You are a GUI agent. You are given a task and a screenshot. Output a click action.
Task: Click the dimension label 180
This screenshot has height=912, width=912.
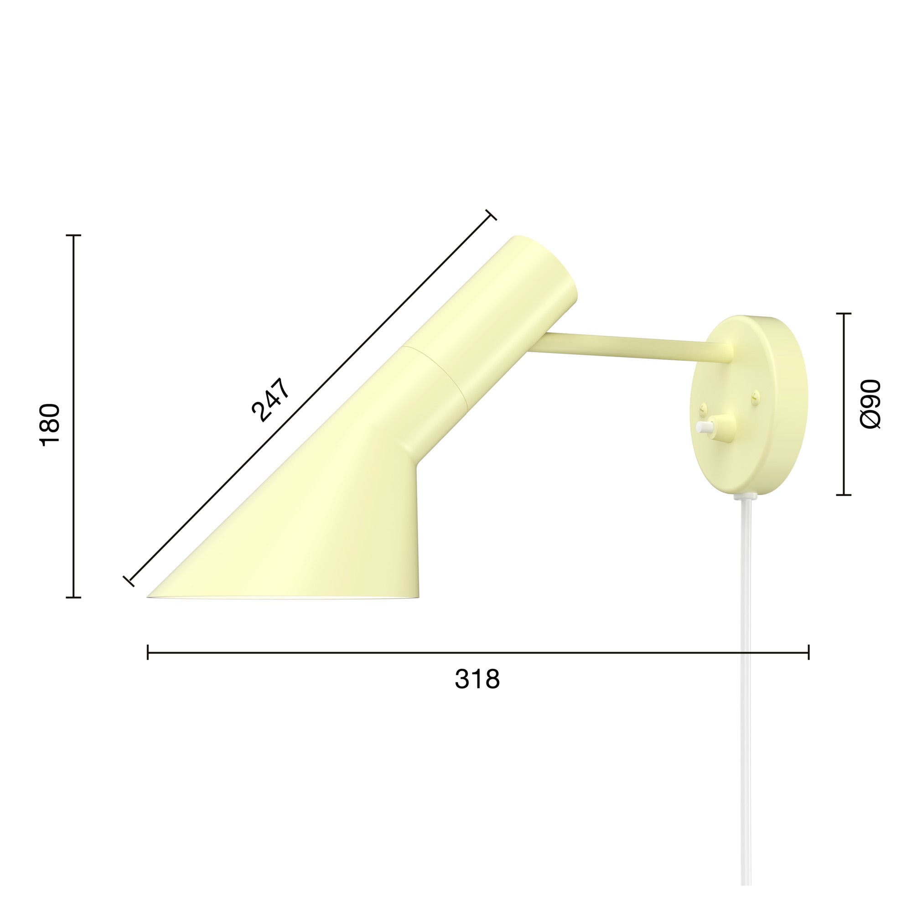[x=50, y=425]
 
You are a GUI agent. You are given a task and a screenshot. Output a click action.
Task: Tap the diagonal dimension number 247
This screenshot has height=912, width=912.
[x=270, y=399]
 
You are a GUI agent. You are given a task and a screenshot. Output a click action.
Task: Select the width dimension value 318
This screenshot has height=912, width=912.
[x=477, y=679]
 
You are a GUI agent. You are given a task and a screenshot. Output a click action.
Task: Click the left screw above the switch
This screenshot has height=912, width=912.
[x=705, y=406]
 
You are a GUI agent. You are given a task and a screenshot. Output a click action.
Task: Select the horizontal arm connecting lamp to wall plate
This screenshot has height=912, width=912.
[x=630, y=348]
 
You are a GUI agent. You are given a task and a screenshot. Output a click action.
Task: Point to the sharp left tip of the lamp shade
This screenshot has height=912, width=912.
[x=148, y=597]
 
